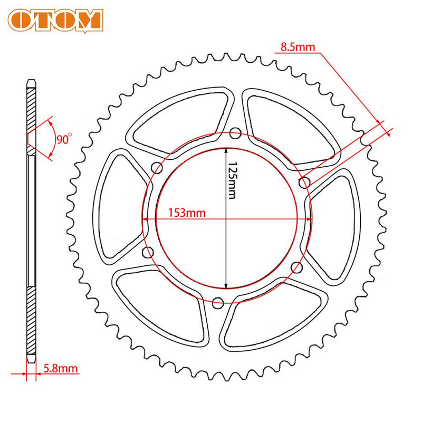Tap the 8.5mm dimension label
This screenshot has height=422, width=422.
click(297, 47)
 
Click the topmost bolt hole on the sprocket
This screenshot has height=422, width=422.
click(235, 132)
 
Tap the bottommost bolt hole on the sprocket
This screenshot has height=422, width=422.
click(217, 303)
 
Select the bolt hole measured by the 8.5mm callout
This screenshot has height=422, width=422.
click(304, 183)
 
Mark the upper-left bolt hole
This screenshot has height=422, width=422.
click(157, 168)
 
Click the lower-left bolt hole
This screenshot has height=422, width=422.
click(148, 252)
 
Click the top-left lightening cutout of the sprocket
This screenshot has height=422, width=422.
click(179, 116)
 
